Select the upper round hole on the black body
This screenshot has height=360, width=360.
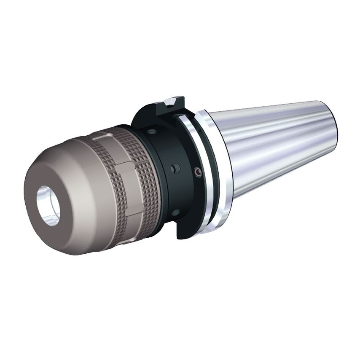(x=154, y=132)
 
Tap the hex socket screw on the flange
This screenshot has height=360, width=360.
(x=197, y=172)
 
